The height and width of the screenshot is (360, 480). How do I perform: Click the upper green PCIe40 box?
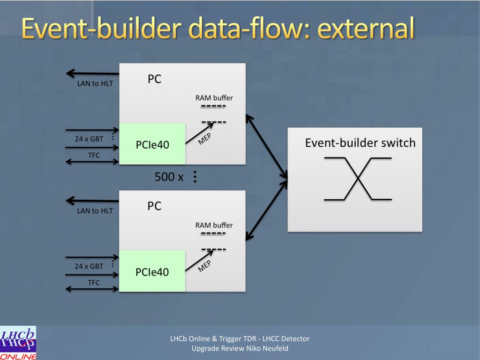click(152, 144)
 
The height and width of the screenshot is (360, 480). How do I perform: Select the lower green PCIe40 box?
click(152, 271)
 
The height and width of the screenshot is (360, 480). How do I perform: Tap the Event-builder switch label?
click(360, 142)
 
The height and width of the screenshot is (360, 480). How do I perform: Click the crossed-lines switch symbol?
click(358, 179)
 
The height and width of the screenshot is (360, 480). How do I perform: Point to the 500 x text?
click(169, 177)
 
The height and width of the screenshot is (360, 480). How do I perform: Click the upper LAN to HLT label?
click(95, 84)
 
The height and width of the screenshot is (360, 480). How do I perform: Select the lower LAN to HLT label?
click(95, 210)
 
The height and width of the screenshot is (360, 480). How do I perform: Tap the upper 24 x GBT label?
click(89, 139)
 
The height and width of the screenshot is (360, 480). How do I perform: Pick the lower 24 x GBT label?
click(89, 266)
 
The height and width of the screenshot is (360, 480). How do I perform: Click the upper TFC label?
click(94, 155)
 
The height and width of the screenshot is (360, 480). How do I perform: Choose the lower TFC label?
click(94, 283)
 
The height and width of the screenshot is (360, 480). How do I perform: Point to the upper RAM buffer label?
click(214, 98)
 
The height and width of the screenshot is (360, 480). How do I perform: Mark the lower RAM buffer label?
click(214, 225)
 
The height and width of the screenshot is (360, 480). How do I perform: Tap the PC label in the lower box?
click(154, 206)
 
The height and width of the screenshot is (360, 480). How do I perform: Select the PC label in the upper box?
click(154, 79)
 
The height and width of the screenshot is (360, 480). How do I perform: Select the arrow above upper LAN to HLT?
click(92, 73)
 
